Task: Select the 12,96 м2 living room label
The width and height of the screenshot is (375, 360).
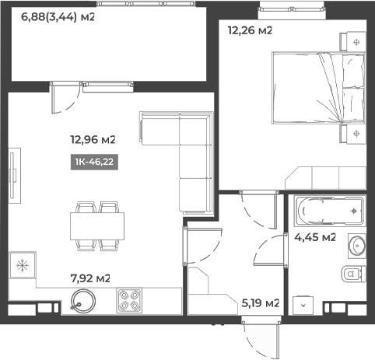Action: (93, 140)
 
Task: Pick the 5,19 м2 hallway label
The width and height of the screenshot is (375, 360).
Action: (261, 302)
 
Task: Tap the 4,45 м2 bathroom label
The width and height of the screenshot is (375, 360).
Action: (314, 237)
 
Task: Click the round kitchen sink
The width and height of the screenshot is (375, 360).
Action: (81, 298)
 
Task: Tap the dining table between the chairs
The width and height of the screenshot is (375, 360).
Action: (97, 226)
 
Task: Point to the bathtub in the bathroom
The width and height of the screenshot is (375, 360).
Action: (327, 211)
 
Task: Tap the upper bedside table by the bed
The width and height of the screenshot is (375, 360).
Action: (356, 41)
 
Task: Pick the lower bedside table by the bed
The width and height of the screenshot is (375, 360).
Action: (356, 134)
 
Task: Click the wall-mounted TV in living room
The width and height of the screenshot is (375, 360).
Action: (13, 176)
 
